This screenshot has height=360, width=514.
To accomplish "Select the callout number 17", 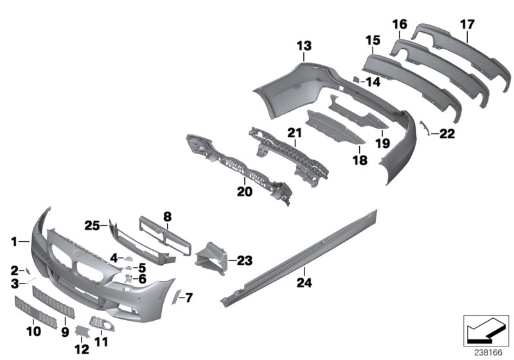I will (x=467, y=24).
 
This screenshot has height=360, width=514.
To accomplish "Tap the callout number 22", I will (x=447, y=134).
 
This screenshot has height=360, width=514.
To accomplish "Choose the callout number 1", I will (x=13, y=241).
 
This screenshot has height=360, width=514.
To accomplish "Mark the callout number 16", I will (x=400, y=24).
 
